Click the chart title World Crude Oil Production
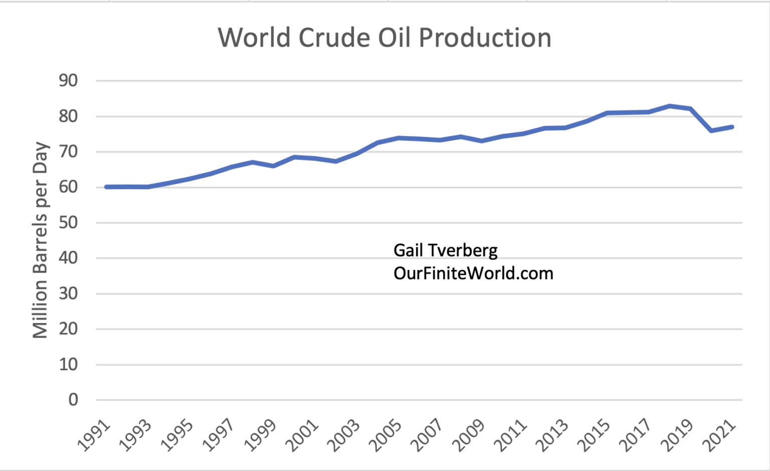pyautogui.click(x=384, y=38)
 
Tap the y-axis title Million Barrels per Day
pyautogui.click(x=40, y=240)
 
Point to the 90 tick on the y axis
pyautogui.click(x=69, y=80)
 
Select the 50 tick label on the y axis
pyautogui.click(x=69, y=222)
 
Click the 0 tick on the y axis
pyautogui.click(x=73, y=400)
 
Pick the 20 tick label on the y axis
pyautogui.click(x=69, y=329)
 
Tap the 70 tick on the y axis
pyautogui.click(x=69, y=151)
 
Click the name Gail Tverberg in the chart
pyautogui.click(x=445, y=250)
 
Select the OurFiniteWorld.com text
pyautogui.click(x=473, y=273)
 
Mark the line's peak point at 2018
pyautogui.click(x=670, y=106)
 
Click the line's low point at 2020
pyautogui.click(x=711, y=130)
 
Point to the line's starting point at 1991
pyautogui.click(x=106, y=187)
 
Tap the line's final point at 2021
pyautogui.click(x=732, y=127)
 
